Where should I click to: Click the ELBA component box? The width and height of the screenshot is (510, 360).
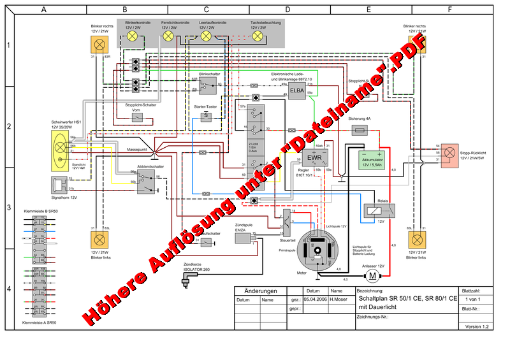297,91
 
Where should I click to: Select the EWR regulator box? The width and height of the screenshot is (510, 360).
314,157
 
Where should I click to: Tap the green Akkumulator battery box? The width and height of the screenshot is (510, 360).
372,159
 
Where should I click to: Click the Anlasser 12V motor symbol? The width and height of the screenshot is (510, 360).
371,275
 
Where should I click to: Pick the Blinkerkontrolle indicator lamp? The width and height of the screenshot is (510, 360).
133,36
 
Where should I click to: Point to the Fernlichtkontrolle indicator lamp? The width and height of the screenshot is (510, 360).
169,36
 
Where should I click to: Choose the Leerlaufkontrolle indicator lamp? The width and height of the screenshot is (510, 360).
206,36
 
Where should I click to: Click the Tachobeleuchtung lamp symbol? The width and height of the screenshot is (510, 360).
258,36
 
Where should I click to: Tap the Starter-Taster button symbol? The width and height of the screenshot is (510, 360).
206,117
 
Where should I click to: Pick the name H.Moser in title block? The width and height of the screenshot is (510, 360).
340,299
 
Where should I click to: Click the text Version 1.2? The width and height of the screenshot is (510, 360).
477,326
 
